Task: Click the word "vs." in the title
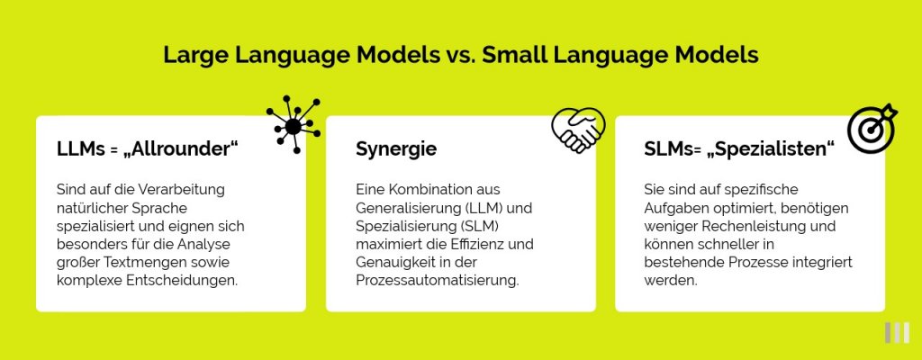(x=455, y=55)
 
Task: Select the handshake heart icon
(x=578, y=130)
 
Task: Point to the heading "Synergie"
(x=396, y=149)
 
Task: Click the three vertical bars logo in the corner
(x=896, y=332)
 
